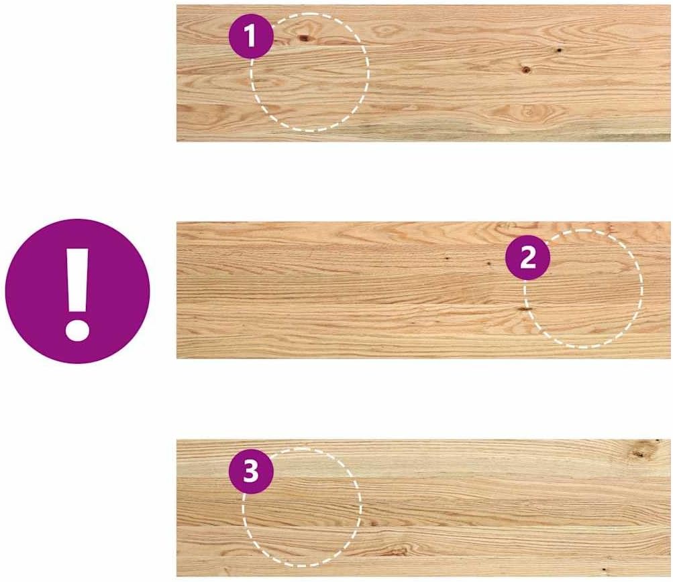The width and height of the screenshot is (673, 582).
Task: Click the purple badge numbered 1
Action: [251, 36]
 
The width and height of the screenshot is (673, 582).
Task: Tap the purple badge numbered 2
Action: [527, 257]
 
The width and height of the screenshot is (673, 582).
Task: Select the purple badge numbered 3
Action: [251, 471]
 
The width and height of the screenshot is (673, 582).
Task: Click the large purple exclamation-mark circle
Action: [77, 291]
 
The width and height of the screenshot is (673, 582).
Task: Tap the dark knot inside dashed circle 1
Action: [305, 38]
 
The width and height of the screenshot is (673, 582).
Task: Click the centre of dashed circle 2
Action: [583, 289]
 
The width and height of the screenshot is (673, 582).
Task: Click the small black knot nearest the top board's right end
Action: [559, 50]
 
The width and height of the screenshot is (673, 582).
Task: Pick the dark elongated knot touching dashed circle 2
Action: [525, 309]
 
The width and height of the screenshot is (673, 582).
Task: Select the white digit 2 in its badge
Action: [527, 257]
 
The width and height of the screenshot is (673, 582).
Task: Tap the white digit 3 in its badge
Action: [251, 471]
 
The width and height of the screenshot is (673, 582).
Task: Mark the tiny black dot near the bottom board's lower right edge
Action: [604, 569]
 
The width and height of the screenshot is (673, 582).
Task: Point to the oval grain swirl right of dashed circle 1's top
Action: [386, 30]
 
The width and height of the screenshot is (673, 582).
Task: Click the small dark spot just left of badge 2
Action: [488, 262]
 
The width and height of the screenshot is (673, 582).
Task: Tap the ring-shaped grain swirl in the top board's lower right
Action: [528, 112]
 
